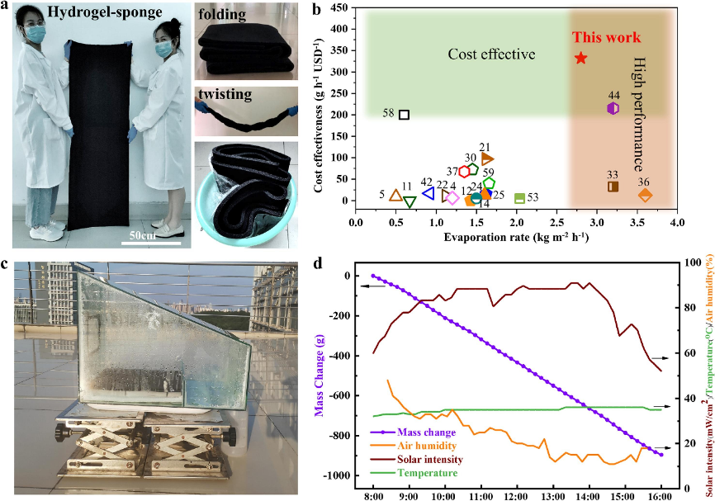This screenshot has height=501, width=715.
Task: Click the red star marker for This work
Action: click(x=581, y=58)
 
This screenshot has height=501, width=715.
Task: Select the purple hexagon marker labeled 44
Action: click(x=613, y=108)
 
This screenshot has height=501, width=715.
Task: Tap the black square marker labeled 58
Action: click(x=404, y=115)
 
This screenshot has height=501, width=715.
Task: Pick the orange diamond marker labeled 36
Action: click(x=646, y=195)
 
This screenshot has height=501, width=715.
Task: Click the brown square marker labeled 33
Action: click(x=613, y=187)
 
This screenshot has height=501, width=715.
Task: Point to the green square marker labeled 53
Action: click(x=519, y=198)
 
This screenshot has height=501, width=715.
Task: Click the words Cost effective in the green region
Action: click(x=491, y=54)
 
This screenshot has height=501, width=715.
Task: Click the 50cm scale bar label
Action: click(x=149, y=234)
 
